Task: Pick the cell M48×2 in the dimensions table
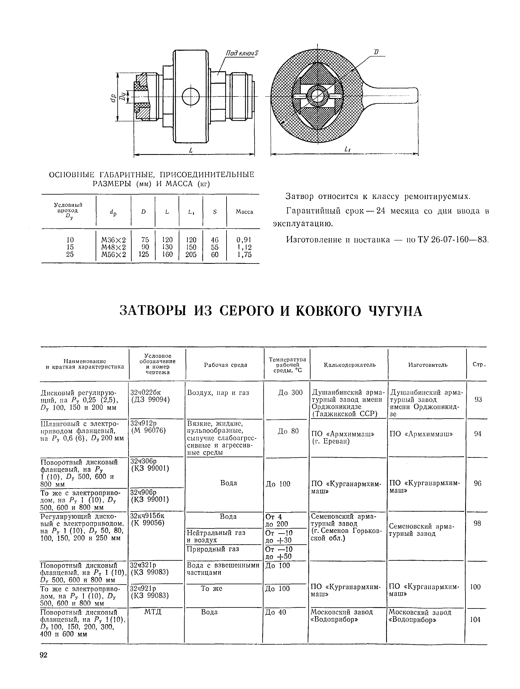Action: pyautogui.click(x=114, y=247)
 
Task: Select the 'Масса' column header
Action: pyautogui.click(x=244, y=212)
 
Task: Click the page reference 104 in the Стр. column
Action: pyautogui.click(x=475, y=620)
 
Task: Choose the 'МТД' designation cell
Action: pyautogui.click(x=153, y=612)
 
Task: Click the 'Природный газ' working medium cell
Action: pyautogui.click(x=213, y=549)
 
